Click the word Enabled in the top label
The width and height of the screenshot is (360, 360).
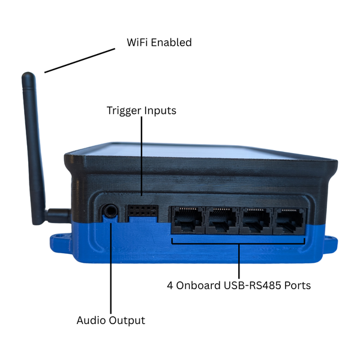(x=171, y=43)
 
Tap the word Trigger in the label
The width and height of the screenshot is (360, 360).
(x=124, y=111)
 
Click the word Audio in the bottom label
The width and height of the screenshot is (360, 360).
(x=91, y=320)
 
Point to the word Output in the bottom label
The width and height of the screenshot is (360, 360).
(x=127, y=320)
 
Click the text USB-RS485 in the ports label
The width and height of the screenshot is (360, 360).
(x=253, y=286)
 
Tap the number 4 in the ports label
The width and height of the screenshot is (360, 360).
(x=170, y=286)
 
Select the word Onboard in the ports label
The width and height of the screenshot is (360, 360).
(x=198, y=286)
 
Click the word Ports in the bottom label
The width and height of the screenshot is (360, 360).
(x=298, y=286)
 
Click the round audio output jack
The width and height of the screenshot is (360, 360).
(x=110, y=210)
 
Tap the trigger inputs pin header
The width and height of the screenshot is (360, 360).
(x=143, y=211)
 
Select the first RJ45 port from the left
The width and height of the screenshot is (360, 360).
(x=188, y=220)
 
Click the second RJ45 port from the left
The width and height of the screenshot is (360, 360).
(x=222, y=220)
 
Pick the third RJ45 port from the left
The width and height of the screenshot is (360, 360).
(x=256, y=221)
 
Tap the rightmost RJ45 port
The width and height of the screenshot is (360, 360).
(x=290, y=221)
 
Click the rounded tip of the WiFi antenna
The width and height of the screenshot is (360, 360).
(x=28, y=76)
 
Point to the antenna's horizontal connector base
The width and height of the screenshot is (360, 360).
(x=58, y=216)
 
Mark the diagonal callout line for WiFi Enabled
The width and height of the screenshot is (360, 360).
(x=80, y=61)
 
